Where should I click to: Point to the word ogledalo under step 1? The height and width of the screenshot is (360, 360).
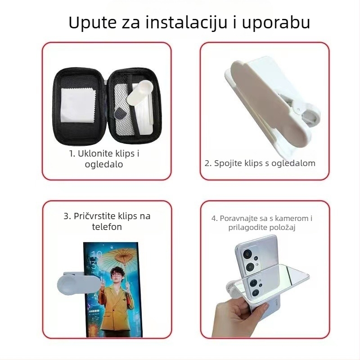104,164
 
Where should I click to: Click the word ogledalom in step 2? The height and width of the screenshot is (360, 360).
292,163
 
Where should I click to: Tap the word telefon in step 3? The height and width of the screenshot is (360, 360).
107,227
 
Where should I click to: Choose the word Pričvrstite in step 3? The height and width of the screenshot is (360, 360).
95,216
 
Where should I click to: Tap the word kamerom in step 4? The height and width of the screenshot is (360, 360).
286,218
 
